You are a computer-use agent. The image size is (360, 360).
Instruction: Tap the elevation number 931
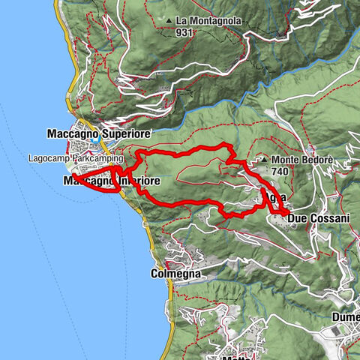(x=184, y=32)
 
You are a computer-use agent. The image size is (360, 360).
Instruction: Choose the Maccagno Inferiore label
(x=112, y=181)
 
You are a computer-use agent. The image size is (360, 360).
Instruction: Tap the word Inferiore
(x=139, y=181)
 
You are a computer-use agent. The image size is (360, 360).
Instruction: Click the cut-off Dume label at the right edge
(x=346, y=317)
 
